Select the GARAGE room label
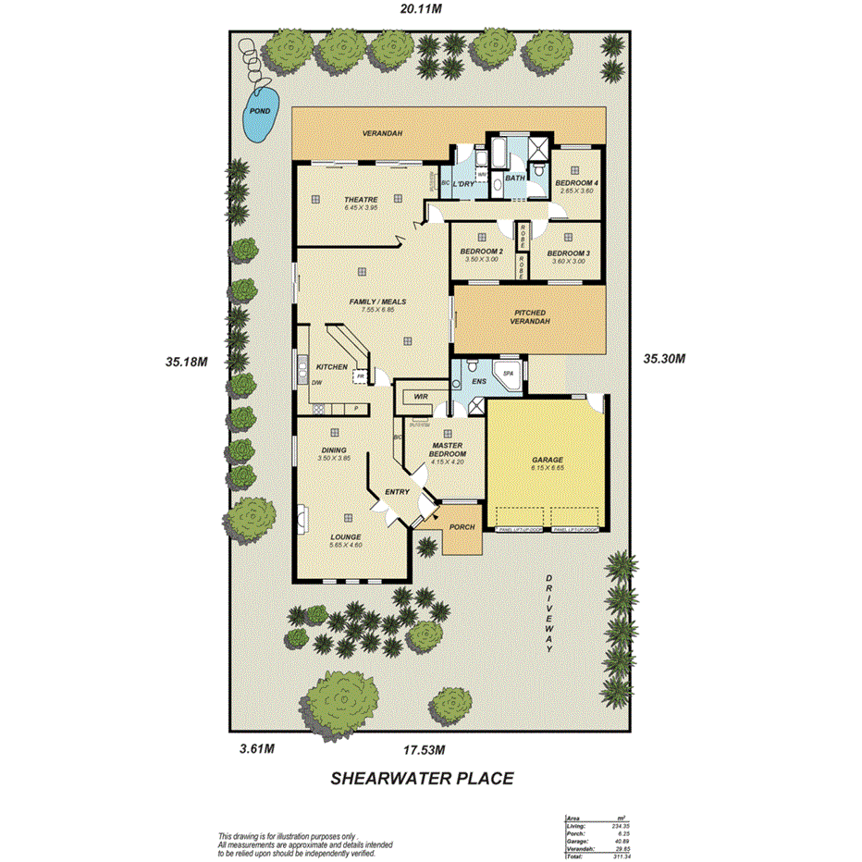pyautogui.click(x=547, y=460)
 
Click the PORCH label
pyautogui.click(x=462, y=527)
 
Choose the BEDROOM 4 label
pyautogui.click(x=576, y=183)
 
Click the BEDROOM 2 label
pyautogui.click(x=481, y=252)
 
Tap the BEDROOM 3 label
pyautogui.click(x=568, y=253)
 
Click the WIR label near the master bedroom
pyautogui.click(x=419, y=396)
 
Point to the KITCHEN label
pyautogui.click(x=332, y=366)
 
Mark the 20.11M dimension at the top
pyautogui.click(x=420, y=9)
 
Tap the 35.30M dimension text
pyautogui.click(x=666, y=359)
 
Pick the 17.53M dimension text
pyautogui.click(x=424, y=749)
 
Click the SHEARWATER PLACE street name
pyautogui.click(x=422, y=779)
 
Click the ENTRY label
pyautogui.click(x=397, y=492)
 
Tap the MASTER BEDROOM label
pyautogui.click(x=448, y=449)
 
